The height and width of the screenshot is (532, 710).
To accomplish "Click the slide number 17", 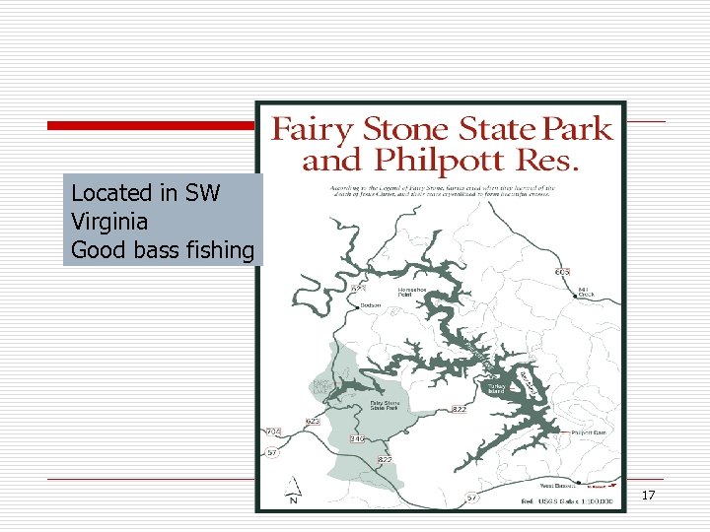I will [x=648, y=495].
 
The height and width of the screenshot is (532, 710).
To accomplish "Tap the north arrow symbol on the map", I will [x=293, y=490].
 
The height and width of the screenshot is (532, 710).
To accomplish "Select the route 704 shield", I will [x=274, y=432].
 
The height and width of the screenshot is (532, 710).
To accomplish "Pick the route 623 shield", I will [x=313, y=421].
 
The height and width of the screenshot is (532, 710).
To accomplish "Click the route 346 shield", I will [x=357, y=438].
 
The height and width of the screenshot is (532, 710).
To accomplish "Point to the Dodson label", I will [x=371, y=305].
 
